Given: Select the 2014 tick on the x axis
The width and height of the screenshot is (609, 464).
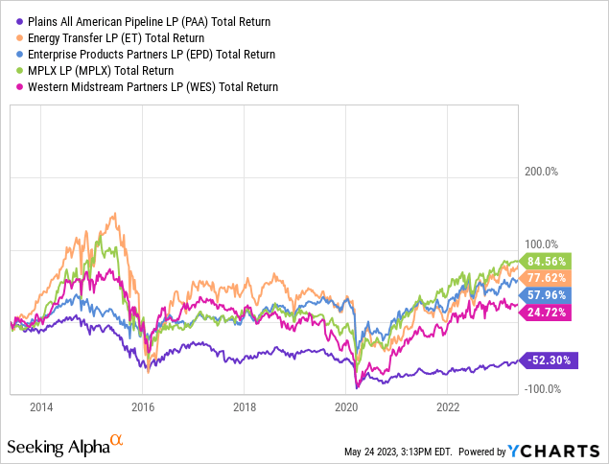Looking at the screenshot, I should coord(41,406).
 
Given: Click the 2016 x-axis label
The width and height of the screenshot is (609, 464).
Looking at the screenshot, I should coord(142,406).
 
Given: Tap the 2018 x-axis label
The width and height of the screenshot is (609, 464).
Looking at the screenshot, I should coord(244,406).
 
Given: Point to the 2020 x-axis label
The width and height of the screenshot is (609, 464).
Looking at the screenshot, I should coord(345,406).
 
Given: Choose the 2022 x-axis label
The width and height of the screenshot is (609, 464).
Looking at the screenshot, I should coord(447,406).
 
